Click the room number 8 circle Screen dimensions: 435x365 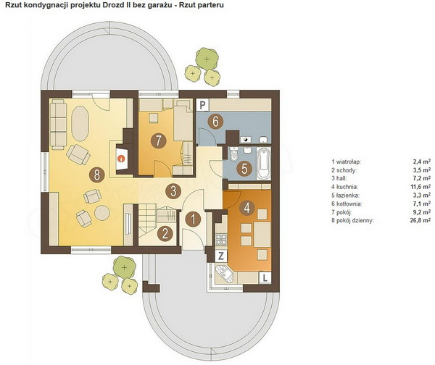(x=96, y=175)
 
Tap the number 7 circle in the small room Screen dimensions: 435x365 (x=158, y=141)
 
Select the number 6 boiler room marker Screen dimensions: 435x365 (x=215, y=122)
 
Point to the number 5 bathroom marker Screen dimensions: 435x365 (x=244, y=168)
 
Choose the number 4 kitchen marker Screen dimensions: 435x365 (x=247, y=207)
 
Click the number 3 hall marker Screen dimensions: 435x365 (x=173, y=191)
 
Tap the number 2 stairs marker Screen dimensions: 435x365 (x=165, y=233)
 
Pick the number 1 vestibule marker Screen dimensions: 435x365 (x=193, y=219)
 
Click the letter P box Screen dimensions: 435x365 (x=203, y=105)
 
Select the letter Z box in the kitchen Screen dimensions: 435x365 (x=221, y=256)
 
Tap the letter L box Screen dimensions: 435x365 (x=265, y=277)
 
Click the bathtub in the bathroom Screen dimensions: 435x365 (x=264, y=164)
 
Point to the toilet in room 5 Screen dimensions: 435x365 (x=234, y=154)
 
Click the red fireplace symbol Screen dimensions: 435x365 (x=121, y=159)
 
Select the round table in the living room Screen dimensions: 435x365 (x=102, y=213)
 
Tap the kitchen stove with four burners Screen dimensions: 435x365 (x=221, y=240)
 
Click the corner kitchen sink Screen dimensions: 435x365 (x=225, y=273)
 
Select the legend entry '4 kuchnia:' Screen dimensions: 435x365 (x=344, y=187)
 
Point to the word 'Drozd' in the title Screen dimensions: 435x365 (x=114, y=5)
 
